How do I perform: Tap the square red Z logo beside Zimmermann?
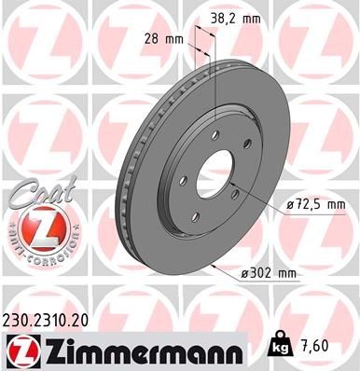[x=19, y=349]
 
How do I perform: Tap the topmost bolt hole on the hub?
[x=215, y=136]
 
